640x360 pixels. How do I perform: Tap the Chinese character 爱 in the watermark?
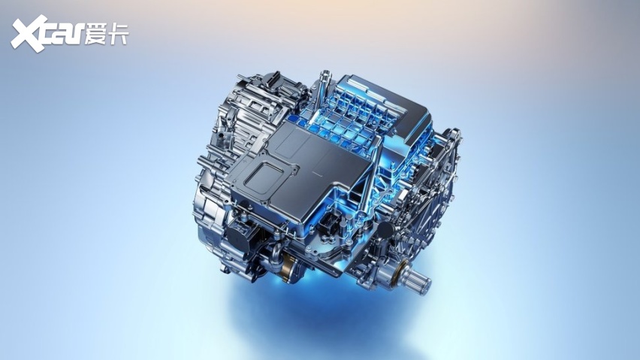95,34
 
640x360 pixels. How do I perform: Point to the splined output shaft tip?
421,281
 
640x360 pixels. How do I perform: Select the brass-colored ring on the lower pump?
290,266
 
